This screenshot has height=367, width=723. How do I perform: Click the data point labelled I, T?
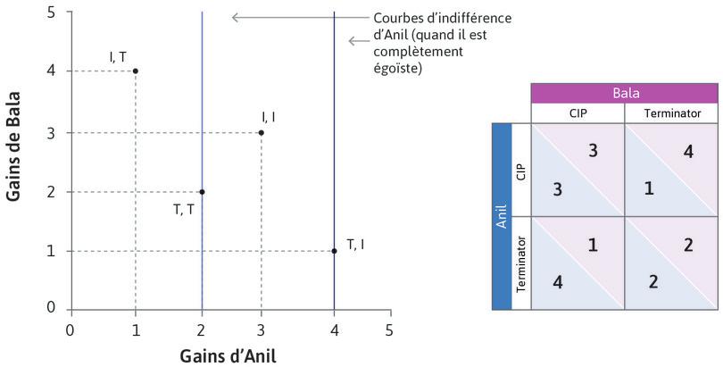135,71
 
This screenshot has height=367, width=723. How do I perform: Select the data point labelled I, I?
261,133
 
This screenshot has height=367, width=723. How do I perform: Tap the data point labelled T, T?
202,192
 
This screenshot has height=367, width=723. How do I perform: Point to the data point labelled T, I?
334,251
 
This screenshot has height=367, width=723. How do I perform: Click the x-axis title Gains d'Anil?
229,354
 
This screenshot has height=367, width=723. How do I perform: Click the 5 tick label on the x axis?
388,329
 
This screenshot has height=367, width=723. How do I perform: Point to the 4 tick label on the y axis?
52,71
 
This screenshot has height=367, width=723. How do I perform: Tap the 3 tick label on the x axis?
261,329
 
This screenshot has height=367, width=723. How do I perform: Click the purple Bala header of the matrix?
624,93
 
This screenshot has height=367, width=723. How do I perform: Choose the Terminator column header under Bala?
670,113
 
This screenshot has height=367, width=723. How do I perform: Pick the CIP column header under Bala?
577,113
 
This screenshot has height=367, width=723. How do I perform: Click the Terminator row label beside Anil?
521,263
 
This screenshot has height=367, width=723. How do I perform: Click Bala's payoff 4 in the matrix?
687,152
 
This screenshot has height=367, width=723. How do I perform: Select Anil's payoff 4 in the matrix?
556,283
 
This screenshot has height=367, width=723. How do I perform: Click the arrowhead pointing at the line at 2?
235,17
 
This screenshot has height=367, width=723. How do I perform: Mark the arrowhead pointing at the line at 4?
352,41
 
